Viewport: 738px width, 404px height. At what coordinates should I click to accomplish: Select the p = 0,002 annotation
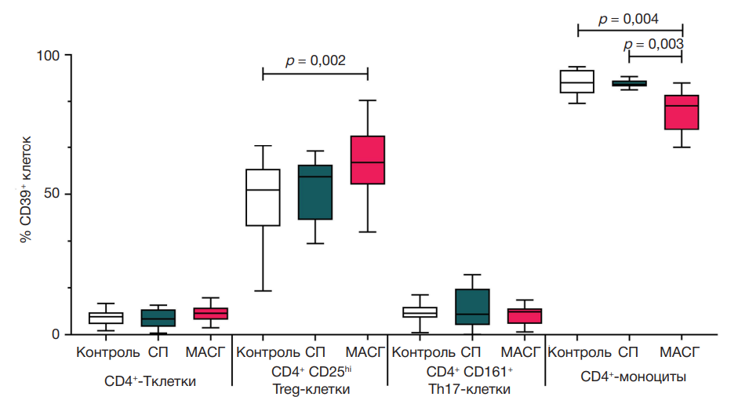[x=315, y=60]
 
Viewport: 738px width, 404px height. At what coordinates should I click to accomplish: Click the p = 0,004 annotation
[x=629, y=20]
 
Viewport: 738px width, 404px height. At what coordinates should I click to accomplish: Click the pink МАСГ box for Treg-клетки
[x=368, y=160]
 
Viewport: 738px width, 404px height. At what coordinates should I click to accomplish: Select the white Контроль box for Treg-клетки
[x=263, y=198]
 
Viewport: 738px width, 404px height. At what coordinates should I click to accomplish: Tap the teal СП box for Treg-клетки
[x=315, y=192]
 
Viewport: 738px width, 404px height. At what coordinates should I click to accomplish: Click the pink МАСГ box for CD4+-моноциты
[x=682, y=112]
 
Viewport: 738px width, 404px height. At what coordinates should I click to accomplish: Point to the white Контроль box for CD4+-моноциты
[x=577, y=82]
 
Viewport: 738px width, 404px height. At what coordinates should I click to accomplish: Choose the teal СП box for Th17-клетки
[x=472, y=307]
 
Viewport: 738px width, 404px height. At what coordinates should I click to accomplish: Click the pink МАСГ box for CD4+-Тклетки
[x=211, y=313]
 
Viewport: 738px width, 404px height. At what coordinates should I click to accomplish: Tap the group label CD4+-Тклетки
[x=151, y=382]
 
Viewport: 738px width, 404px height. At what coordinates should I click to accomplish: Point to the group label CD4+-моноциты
[x=633, y=377]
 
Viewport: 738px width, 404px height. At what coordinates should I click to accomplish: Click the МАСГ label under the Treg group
[x=365, y=352]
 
